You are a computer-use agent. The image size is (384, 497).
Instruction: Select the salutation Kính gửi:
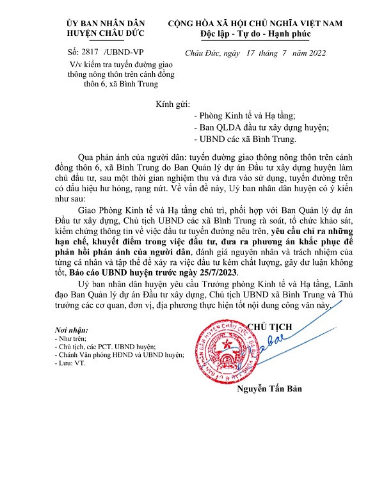(x=173, y=104)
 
